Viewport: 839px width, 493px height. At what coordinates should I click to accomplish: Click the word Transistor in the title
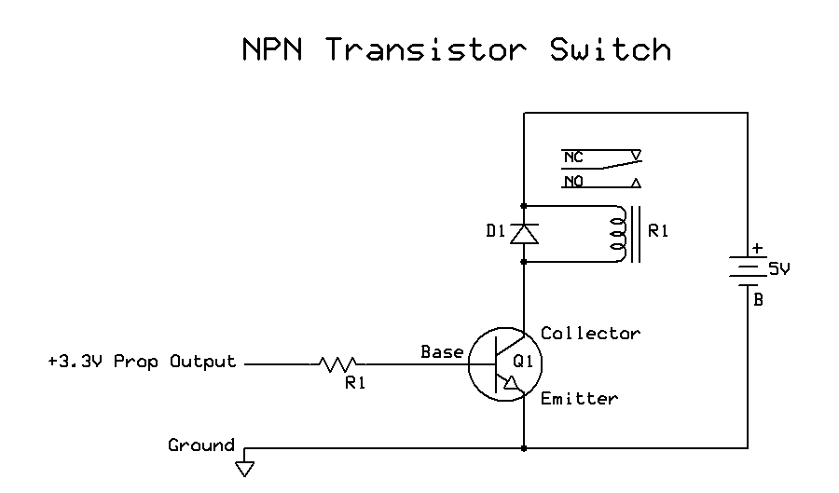click(426, 48)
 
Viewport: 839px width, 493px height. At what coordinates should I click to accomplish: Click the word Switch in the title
click(611, 48)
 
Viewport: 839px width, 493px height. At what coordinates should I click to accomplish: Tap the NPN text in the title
click(274, 48)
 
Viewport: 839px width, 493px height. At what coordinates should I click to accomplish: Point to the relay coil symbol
click(616, 233)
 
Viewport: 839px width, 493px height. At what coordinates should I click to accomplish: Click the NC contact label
click(573, 157)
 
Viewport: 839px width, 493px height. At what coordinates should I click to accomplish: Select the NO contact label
click(573, 182)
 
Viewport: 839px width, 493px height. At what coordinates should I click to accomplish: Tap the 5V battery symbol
click(748, 270)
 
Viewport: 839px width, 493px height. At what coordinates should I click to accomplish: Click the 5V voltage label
click(779, 268)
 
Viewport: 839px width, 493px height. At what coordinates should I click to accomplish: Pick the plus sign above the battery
click(757, 248)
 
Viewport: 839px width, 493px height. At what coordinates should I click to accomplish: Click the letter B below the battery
click(758, 300)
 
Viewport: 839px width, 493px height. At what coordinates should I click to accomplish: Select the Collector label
click(590, 334)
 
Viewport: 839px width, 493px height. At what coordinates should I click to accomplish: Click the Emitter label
click(579, 399)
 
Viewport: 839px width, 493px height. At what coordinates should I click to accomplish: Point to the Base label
click(442, 352)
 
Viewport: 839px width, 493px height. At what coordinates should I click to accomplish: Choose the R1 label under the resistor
click(355, 383)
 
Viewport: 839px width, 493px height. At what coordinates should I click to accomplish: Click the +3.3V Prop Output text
click(142, 362)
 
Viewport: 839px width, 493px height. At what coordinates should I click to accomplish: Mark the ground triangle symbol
click(245, 468)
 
